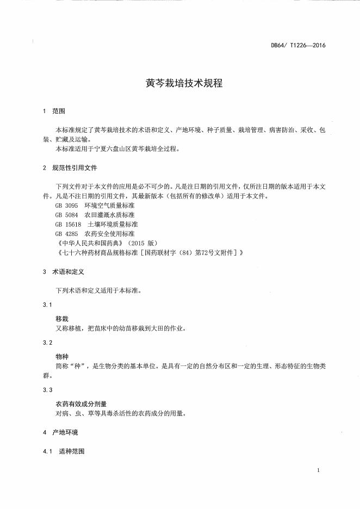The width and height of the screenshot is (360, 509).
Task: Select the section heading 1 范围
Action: [54, 111]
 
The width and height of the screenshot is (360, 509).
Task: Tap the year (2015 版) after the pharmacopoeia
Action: [132, 243]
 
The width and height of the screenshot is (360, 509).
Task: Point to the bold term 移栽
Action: [61, 319]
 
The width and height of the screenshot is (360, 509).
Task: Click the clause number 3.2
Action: [47, 343]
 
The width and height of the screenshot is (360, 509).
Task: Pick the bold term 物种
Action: [61, 357]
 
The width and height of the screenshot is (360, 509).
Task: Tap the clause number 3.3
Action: [47, 390]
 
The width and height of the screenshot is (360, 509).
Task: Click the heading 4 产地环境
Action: [60, 432]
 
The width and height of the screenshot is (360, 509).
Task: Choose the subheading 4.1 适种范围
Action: [63, 451]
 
